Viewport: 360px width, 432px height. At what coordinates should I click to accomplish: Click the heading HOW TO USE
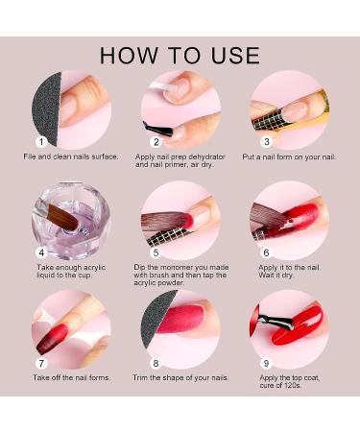[x=180, y=54]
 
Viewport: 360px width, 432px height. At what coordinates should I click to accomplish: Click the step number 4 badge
[x=39, y=252]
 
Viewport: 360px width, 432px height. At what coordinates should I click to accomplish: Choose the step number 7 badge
[x=39, y=363]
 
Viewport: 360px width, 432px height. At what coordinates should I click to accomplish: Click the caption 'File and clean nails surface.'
[x=72, y=156]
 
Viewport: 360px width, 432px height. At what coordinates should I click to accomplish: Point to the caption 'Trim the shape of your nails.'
[x=181, y=377]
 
